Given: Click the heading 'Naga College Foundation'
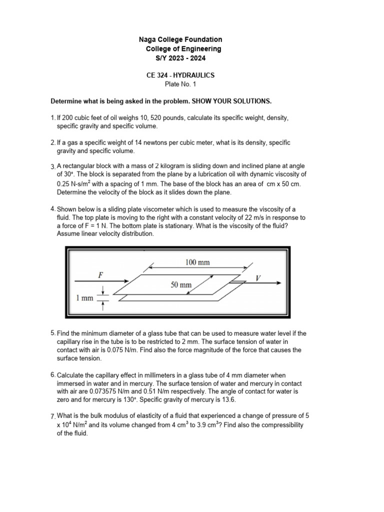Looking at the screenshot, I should (x=180, y=39).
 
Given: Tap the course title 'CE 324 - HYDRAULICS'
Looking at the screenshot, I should (x=179, y=75).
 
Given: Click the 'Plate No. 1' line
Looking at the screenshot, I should (x=179, y=84).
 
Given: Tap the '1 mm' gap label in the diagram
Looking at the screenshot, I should (x=84, y=298).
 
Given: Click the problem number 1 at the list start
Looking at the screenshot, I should (x=53, y=118).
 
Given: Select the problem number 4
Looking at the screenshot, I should (x=53, y=209).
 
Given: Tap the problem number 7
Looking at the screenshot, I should (x=53, y=416).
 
